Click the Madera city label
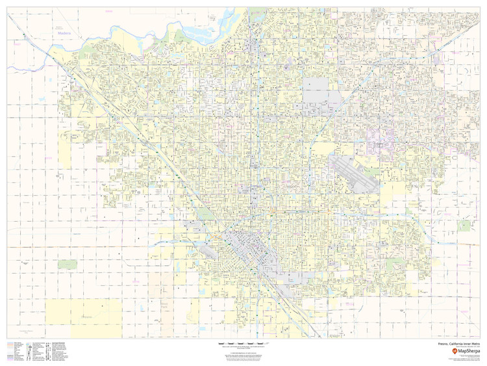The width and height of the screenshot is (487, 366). click(63, 32)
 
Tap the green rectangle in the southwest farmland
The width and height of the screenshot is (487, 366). click(67, 265)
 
